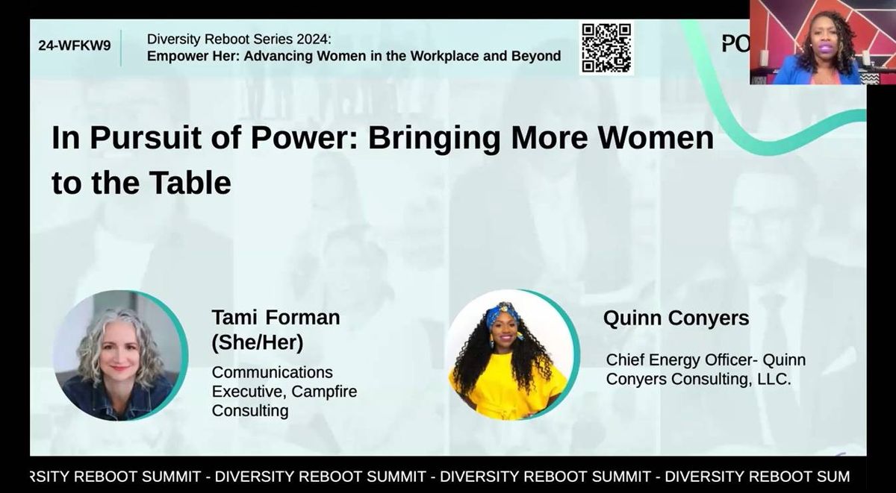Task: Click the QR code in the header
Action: (x=606, y=48)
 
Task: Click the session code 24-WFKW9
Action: (x=74, y=45)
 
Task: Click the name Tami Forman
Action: (x=276, y=318)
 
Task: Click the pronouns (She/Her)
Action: (x=258, y=342)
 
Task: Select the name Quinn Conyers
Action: (x=676, y=318)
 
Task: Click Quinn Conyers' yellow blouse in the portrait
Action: (x=508, y=392)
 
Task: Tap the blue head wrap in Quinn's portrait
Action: (x=502, y=314)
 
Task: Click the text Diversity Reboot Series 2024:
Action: (x=238, y=39)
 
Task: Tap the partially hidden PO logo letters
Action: (x=735, y=44)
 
